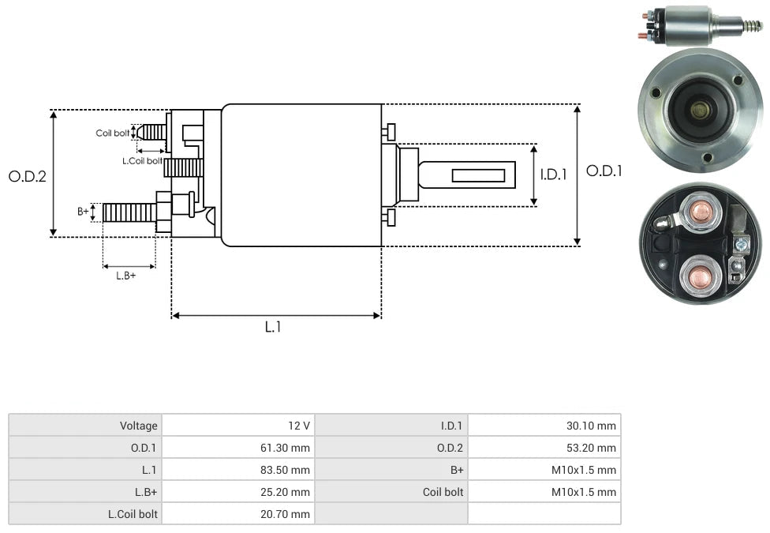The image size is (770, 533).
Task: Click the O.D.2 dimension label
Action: point(28,176)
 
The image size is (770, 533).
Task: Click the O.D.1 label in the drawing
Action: point(604,171)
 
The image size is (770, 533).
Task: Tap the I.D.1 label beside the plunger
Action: point(553,175)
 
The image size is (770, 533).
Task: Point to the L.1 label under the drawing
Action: point(272,326)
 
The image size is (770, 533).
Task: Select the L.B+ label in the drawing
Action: point(125,276)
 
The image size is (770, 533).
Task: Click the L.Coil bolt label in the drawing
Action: point(142,160)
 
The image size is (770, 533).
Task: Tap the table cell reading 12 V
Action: point(237,426)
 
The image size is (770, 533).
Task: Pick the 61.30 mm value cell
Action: point(237,448)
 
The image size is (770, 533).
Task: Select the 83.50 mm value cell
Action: point(237,470)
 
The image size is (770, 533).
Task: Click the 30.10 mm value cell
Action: point(544,426)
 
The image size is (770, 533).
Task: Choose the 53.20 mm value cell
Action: point(544,448)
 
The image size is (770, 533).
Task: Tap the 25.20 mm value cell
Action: point(237,492)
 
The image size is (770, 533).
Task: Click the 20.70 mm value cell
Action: point(237,514)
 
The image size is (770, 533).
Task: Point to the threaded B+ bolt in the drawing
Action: point(129,212)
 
